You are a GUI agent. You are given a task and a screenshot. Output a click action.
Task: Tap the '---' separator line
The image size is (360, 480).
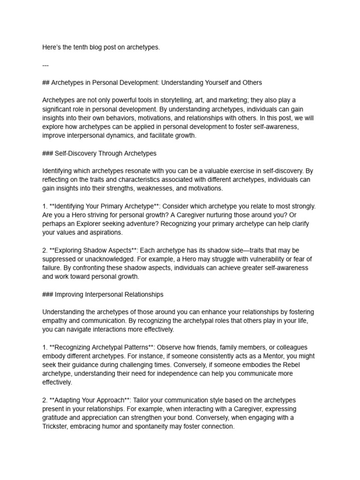pos(45,65)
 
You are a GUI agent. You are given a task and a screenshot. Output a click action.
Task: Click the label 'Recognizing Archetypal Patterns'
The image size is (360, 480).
pos(99,347)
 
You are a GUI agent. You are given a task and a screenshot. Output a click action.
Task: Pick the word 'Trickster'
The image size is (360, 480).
pos(56,427)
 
